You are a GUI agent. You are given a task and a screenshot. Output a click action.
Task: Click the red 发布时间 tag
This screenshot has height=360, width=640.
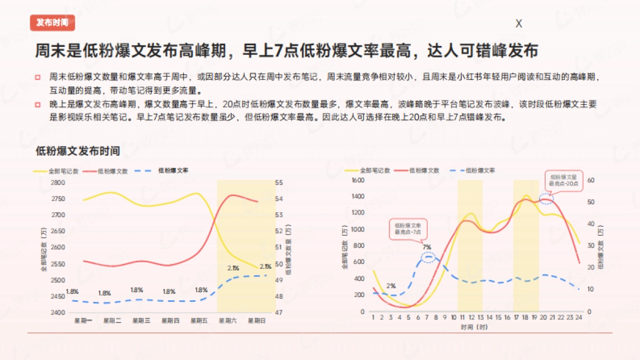tap(52, 22)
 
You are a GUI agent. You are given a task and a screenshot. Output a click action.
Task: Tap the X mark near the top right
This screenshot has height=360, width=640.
tap(518, 24)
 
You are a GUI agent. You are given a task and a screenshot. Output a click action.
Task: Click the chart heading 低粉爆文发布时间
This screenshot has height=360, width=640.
tap(77, 151)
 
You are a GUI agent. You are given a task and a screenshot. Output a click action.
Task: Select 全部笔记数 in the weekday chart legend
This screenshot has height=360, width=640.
tap(57, 172)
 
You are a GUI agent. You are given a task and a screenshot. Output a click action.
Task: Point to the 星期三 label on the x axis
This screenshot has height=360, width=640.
tap(141, 321)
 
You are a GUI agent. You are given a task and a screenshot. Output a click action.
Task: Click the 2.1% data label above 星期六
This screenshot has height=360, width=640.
tap(233, 268)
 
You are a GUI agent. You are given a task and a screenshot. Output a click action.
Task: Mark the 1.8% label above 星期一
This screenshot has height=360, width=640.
tap(73, 291)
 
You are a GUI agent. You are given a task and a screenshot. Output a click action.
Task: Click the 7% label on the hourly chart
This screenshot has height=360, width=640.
tap(427, 247)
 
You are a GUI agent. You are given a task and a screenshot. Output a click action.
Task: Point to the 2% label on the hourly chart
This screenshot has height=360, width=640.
tap(391, 286)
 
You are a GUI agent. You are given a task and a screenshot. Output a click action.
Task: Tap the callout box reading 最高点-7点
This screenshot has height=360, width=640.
tap(408, 229)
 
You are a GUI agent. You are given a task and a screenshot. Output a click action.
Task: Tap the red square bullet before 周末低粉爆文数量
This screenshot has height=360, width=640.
tap(38, 78)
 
